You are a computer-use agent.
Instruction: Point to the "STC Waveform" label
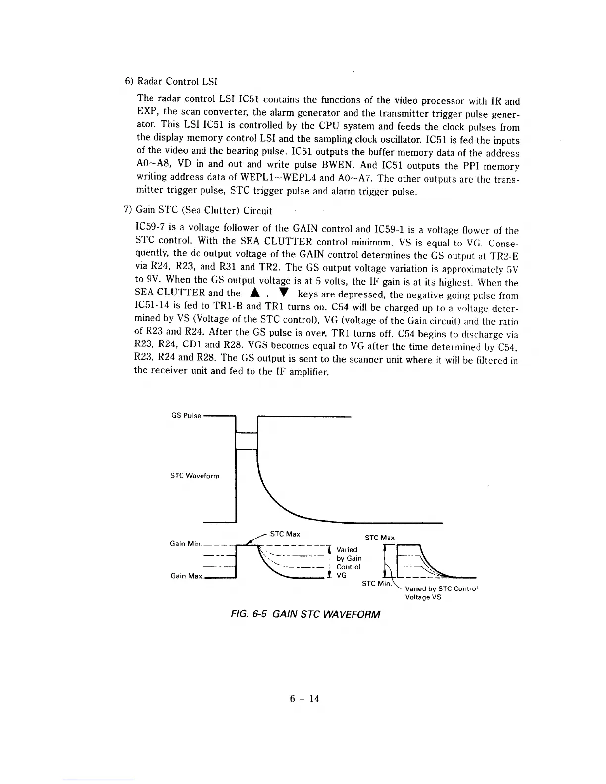coord(195,476)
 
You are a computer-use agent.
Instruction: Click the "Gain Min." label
coord(186,544)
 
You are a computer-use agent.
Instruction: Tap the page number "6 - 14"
coord(304,699)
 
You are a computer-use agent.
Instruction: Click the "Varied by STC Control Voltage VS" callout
coord(441,593)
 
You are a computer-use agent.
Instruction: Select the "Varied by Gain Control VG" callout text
coord(349,562)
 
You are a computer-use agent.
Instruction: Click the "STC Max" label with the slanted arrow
coord(285,534)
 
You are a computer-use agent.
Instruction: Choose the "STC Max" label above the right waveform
coord(379,538)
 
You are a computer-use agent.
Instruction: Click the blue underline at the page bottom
coord(98,780)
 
